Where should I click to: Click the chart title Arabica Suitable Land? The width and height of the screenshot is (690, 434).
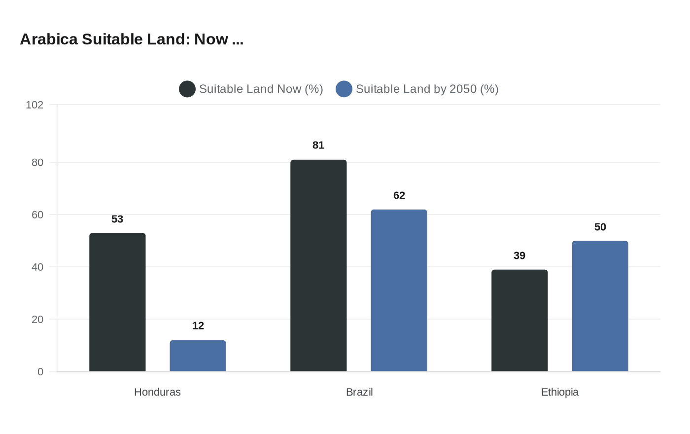tap(132, 39)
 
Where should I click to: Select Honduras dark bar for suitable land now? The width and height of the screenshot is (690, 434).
tap(117, 302)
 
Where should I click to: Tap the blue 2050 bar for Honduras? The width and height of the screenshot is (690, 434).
tap(198, 356)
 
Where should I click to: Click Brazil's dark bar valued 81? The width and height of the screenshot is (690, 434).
tap(318, 265)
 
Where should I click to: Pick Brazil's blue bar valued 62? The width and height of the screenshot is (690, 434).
tap(399, 290)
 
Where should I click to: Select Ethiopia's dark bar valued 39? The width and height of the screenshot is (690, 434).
tap(519, 320)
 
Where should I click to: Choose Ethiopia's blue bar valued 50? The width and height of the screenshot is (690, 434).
tap(600, 306)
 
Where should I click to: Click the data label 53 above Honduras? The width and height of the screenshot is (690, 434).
tap(117, 219)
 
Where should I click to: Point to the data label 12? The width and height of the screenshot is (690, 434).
tap(198, 325)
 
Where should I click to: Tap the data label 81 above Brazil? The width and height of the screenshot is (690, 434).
tap(318, 145)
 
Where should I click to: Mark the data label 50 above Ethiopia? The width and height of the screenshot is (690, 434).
tap(600, 227)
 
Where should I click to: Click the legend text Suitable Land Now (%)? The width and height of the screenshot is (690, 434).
tap(261, 89)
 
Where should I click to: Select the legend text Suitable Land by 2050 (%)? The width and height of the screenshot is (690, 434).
tap(427, 89)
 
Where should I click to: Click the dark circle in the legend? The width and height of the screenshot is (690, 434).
tap(187, 89)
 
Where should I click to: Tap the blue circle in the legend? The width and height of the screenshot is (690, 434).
tap(344, 89)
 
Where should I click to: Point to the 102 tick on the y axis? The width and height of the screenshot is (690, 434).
tap(34, 105)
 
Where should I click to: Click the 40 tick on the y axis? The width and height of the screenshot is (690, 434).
tap(37, 267)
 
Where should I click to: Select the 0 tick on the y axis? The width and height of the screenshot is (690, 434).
tap(40, 371)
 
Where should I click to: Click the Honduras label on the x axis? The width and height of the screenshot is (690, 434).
tap(157, 392)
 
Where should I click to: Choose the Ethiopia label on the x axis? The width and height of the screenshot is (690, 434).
tap(559, 392)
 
